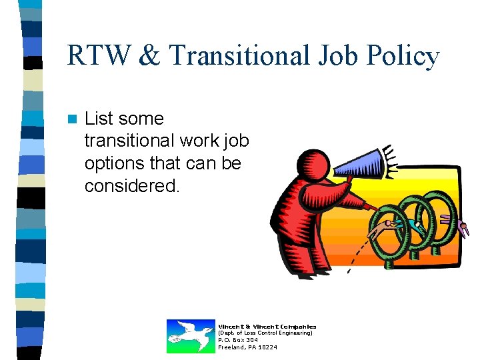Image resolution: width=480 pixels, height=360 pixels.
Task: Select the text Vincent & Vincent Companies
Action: point(267,326)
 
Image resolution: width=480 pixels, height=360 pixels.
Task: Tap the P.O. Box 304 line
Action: point(238,340)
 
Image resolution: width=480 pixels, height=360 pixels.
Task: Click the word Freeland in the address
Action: point(231,347)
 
